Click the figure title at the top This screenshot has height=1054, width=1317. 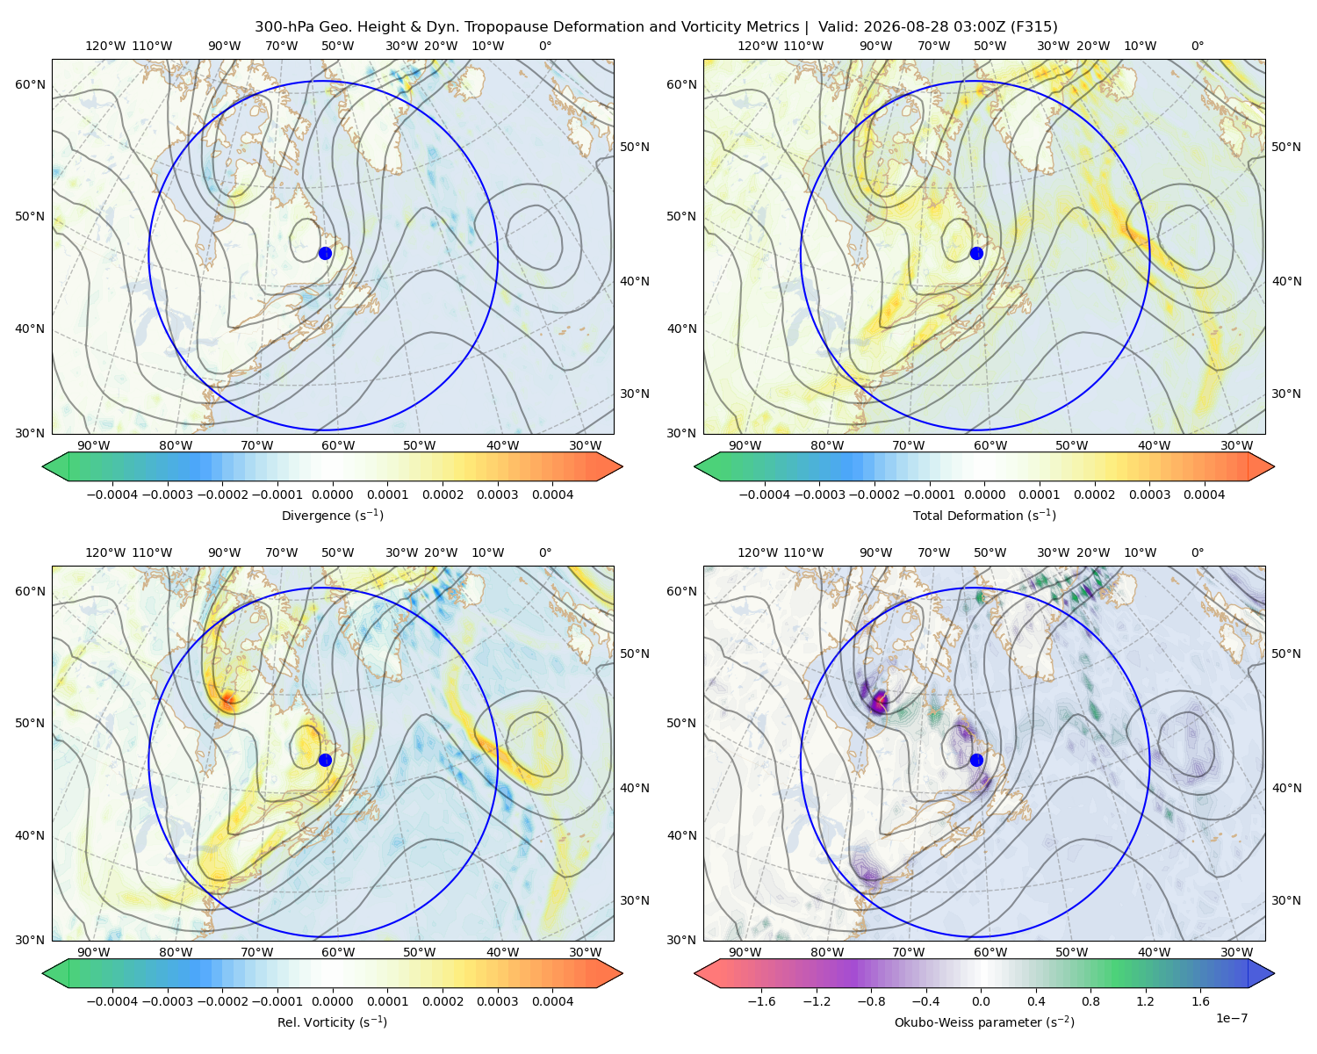(656, 27)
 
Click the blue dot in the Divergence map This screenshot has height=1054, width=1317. (325, 253)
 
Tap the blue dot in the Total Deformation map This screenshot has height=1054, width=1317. (976, 253)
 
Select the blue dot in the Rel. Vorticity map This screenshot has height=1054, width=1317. (325, 760)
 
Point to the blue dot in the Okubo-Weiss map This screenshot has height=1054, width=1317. (976, 760)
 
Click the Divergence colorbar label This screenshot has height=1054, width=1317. (332, 515)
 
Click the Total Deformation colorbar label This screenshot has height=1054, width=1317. (984, 515)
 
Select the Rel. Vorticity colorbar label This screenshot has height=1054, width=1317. (332, 1022)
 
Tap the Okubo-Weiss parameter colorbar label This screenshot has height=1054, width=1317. (984, 1022)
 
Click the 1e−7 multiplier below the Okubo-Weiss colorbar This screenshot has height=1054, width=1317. (1231, 1018)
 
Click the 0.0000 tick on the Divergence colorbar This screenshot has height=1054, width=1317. (332, 495)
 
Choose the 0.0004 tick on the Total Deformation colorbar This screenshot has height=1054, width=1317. (1205, 495)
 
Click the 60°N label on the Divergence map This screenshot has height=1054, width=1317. (30, 84)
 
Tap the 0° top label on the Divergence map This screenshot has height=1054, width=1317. (545, 46)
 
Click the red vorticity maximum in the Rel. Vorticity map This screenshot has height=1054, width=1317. (227, 698)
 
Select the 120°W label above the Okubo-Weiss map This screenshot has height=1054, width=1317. (757, 552)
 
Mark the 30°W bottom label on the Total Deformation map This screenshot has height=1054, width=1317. (1237, 445)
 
